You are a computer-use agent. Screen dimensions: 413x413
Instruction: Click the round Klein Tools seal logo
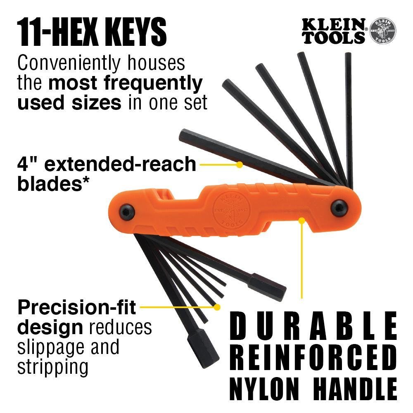click(382, 31)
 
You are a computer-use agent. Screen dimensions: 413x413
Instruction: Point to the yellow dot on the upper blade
click(239, 164)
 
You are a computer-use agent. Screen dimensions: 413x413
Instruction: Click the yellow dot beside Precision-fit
click(217, 307)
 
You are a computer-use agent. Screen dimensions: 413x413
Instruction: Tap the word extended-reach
click(119, 164)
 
